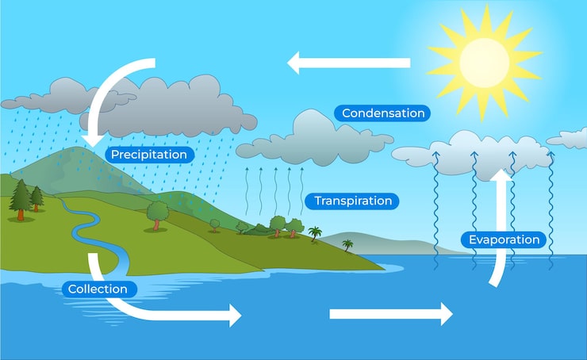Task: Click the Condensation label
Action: click(x=382, y=113)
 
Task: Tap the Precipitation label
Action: click(x=149, y=155)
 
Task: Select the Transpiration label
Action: click(x=352, y=201)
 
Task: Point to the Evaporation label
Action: click(x=504, y=239)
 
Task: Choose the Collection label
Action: click(x=98, y=289)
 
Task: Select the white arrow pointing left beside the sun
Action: click(x=349, y=62)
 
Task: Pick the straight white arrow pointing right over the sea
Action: click(x=390, y=314)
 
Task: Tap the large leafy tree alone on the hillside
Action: click(x=158, y=212)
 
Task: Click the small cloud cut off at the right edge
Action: click(x=570, y=138)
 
